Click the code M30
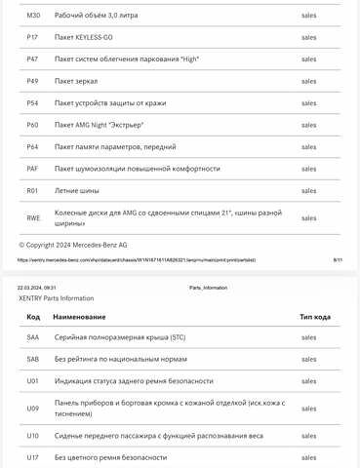pos(33,16)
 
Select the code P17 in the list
pos(32,37)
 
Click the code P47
pos(32,59)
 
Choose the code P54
pos(32,102)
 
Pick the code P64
pos(32,146)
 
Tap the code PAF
pos(32,169)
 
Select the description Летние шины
pos(77,190)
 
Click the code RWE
pos(33,218)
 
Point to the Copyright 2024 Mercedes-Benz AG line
pos(73,245)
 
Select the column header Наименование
pos(80,317)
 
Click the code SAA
pos(33,337)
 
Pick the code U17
pos(33,457)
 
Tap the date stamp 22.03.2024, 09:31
pos(37,288)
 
